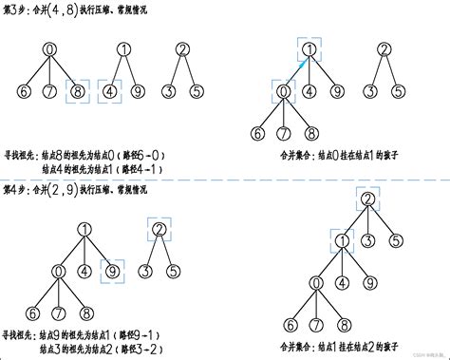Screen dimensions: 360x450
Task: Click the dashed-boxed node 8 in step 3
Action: click(x=80, y=93)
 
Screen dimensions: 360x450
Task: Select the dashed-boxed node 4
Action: click(x=110, y=93)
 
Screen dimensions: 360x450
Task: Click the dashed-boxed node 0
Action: click(x=281, y=92)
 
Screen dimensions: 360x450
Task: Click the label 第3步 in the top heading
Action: click(x=18, y=9)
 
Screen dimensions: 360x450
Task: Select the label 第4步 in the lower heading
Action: click(x=18, y=190)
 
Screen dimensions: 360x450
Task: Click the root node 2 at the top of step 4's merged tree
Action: click(x=366, y=199)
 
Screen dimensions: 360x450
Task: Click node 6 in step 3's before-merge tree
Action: click(x=23, y=93)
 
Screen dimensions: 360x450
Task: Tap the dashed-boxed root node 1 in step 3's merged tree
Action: click(x=309, y=51)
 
